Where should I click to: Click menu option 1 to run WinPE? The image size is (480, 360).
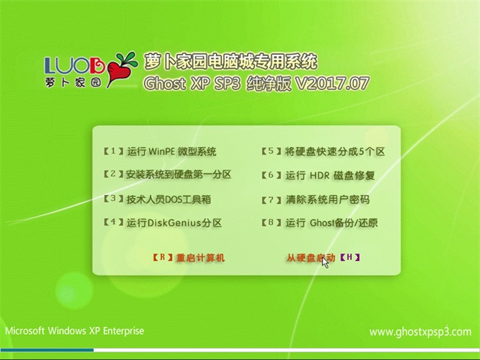point(160,151)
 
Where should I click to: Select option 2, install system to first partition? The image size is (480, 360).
point(167,175)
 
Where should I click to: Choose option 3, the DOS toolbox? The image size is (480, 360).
point(157,199)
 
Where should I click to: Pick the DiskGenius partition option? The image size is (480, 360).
point(163,223)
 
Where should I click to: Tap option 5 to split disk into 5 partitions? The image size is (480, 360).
point(323,151)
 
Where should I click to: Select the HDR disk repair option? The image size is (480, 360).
point(318,175)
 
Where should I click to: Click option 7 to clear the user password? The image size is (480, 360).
point(316,199)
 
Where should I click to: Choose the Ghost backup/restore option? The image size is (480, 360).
point(319,223)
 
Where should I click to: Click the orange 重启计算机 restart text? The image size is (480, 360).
point(200,258)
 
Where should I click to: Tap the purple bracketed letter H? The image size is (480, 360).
point(349,257)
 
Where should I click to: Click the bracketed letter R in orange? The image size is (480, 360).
point(163,257)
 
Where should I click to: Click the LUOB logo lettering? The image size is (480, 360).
point(75,65)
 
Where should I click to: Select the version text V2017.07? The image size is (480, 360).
point(331,83)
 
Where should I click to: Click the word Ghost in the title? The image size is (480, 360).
point(165,83)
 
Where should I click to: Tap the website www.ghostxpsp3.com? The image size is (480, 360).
point(420,332)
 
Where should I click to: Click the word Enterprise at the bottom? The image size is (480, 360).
point(123,331)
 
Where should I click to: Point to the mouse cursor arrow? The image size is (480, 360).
point(325,262)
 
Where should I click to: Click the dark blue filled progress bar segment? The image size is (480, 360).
point(47,350)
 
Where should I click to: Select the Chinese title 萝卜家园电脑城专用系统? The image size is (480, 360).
point(230,61)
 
